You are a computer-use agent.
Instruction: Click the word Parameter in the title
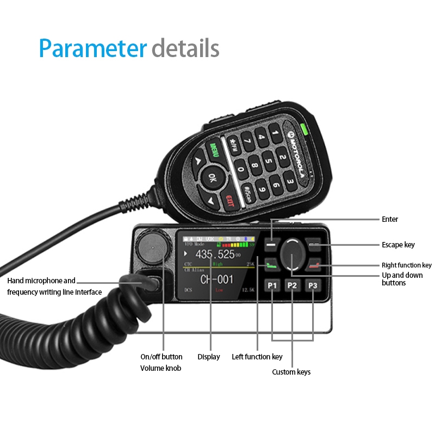[x=93, y=48]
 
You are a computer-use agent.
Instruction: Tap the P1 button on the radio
[x=272, y=285]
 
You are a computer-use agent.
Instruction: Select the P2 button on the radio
[x=292, y=285]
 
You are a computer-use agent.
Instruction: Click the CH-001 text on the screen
[x=216, y=279]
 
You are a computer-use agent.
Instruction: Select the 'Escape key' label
[x=398, y=245]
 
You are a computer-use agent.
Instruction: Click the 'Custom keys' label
[x=291, y=372]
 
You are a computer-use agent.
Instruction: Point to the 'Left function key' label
[x=257, y=357]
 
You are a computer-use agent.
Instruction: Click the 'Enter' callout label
[x=390, y=219]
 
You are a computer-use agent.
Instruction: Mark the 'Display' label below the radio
[x=209, y=357]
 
